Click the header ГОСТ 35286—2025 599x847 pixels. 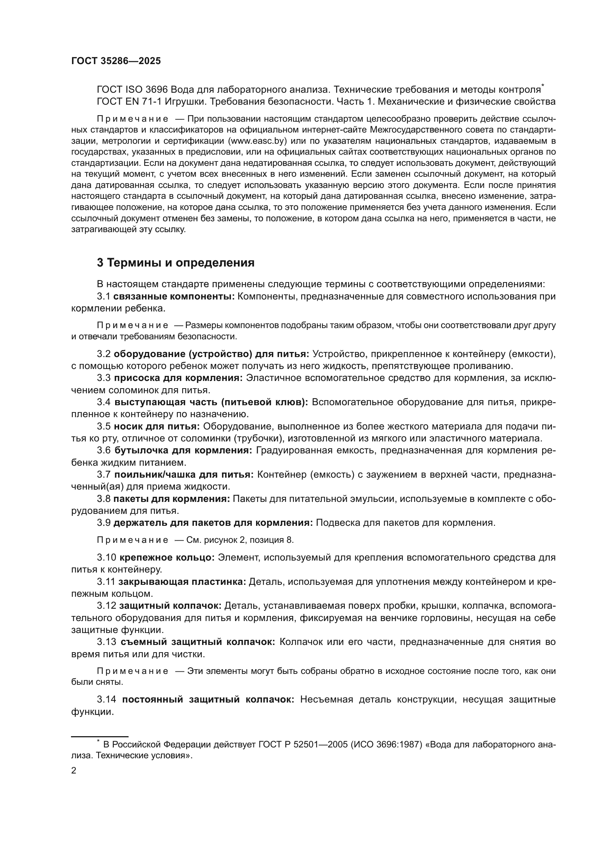tap(116, 61)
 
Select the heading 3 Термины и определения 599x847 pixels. tap(176, 263)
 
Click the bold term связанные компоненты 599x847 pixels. tap(174, 296)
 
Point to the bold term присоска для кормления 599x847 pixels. tap(178, 378)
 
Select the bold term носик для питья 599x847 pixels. tap(156, 427)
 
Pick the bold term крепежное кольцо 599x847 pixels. tap(167, 557)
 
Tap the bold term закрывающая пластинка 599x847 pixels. tap(182, 582)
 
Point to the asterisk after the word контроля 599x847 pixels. tap(543, 86)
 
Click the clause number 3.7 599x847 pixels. tap(104, 474)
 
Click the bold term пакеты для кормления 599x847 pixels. tap(172, 499)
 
